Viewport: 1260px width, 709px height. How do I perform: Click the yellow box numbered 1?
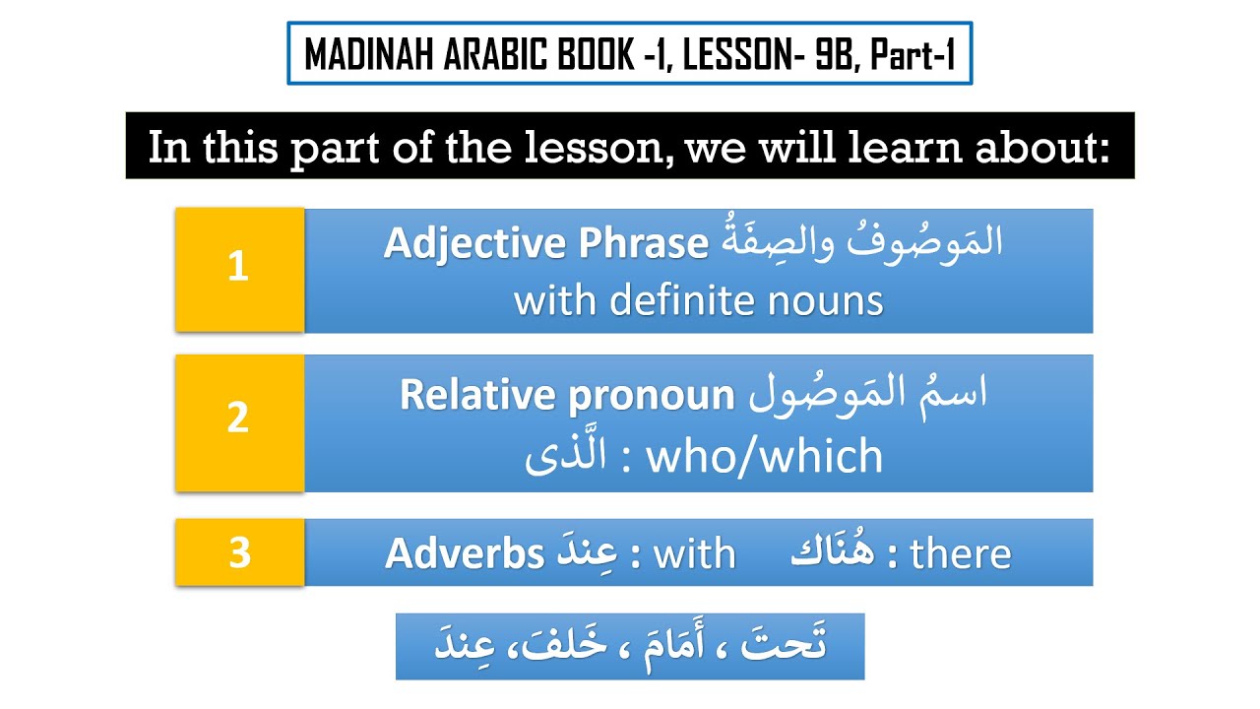tap(238, 269)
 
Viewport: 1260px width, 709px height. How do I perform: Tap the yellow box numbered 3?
tap(238, 552)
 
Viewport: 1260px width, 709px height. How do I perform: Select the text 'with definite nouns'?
tap(698, 300)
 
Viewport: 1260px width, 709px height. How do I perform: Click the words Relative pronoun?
tap(567, 396)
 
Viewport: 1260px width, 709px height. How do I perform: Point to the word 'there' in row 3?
tap(961, 554)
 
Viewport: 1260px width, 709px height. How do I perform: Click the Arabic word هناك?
tap(833, 553)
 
